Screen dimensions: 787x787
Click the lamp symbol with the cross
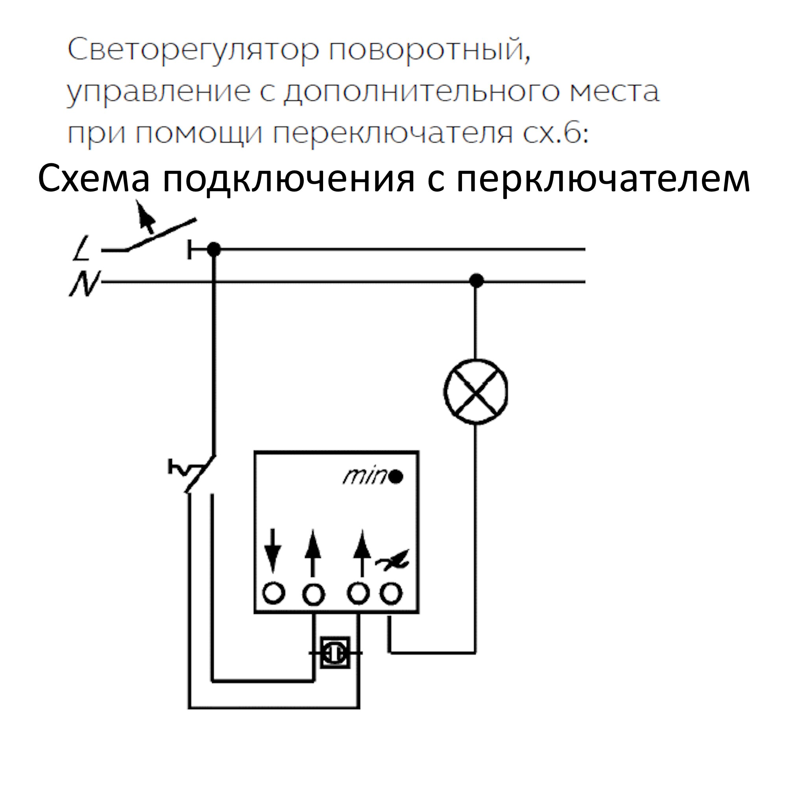[x=475, y=392]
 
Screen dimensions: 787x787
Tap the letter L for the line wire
[x=83, y=248]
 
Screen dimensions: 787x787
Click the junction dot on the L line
[x=213, y=249]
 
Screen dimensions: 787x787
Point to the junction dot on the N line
[x=476, y=281]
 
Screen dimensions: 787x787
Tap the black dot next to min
[x=396, y=477]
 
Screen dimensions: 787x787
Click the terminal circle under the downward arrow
[x=273, y=593]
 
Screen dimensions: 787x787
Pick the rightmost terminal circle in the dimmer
[x=391, y=593]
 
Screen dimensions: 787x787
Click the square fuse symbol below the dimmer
[x=335, y=653]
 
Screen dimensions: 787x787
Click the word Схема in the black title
[x=94, y=179]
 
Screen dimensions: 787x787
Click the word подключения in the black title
[x=288, y=179]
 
